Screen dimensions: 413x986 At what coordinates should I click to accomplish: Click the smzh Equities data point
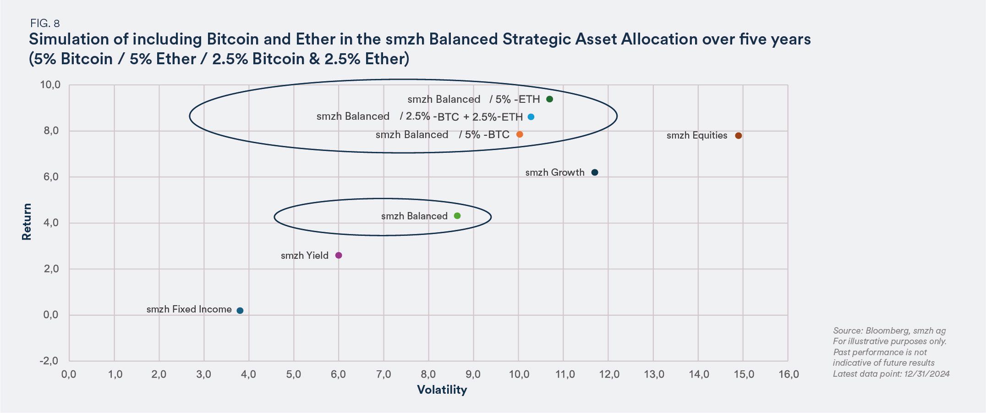click(738, 136)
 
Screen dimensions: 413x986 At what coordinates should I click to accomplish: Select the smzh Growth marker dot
click(595, 173)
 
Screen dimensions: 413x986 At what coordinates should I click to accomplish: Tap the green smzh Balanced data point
click(457, 216)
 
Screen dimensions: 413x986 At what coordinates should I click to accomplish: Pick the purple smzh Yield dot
click(339, 256)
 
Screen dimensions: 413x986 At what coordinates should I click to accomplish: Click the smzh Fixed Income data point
click(240, 311)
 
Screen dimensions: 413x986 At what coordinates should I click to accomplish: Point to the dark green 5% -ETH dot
click(550, 99)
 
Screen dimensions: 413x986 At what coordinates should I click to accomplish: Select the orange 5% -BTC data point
click(520, 134)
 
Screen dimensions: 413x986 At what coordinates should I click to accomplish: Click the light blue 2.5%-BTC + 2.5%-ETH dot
click(531, 117)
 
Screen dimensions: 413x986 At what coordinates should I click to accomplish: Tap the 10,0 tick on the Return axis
click(50, 85)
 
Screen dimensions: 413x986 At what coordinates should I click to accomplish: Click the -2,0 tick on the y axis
click(49, 361)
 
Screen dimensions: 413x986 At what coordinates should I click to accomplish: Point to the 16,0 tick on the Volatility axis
click(789, 374)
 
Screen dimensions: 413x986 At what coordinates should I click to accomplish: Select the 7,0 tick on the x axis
click(383, 374)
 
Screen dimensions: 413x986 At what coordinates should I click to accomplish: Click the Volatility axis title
click(442, 390)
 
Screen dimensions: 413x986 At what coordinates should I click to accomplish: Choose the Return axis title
click(27, 222)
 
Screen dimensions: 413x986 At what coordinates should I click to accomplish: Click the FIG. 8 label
click(45, 23)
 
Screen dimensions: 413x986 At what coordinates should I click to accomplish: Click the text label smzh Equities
click(696, 136)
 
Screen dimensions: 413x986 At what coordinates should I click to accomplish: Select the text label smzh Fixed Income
click(189, 310)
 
